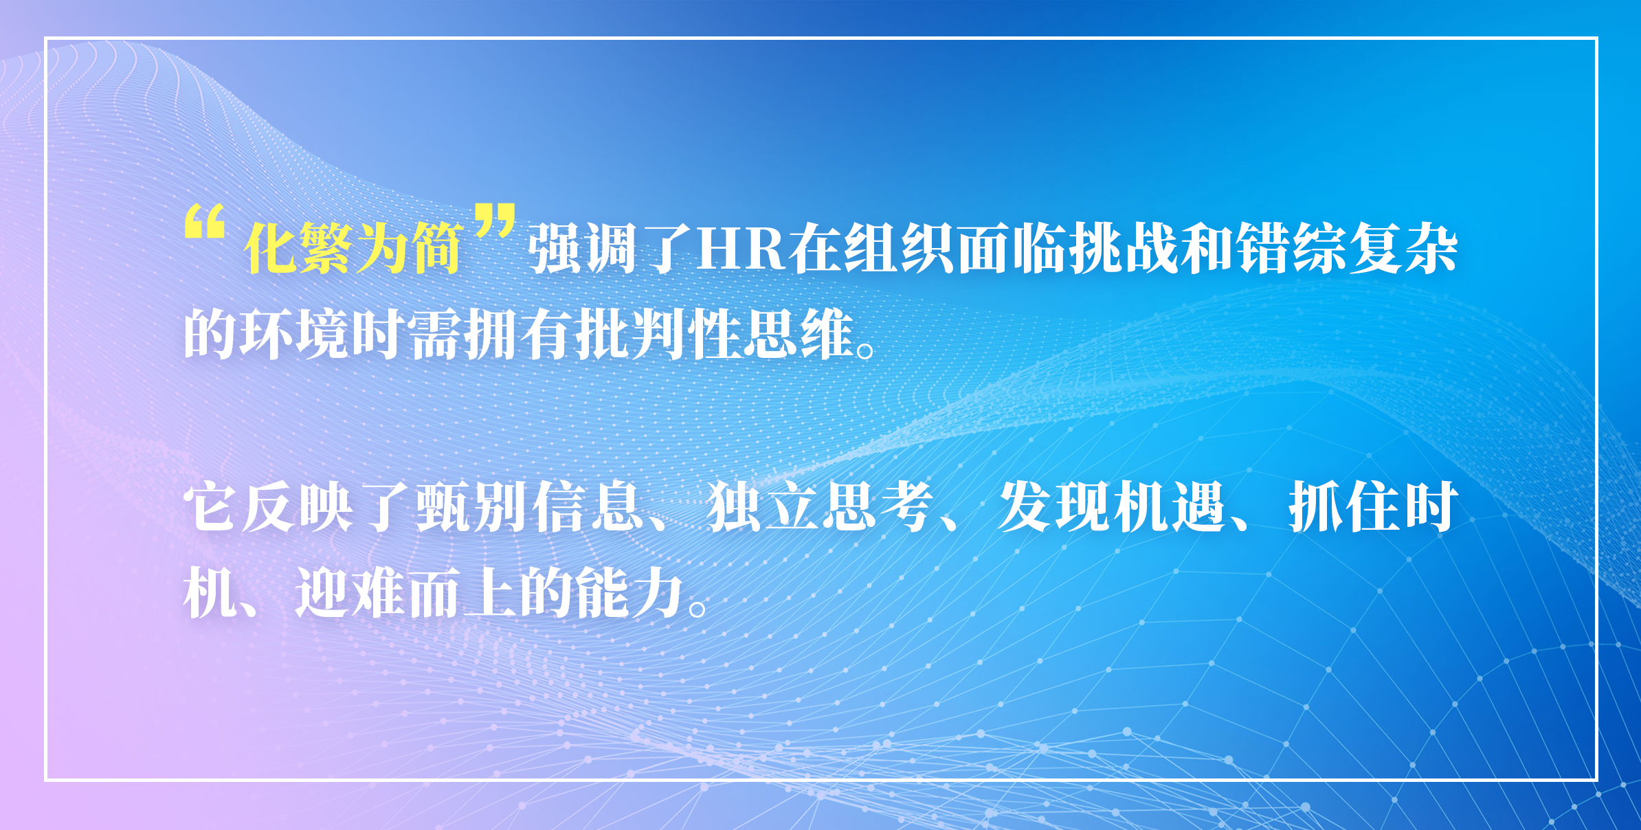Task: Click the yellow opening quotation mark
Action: tap(205, 221)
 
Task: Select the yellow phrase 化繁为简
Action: tap(353, 248)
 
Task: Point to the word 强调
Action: tap(582, 248)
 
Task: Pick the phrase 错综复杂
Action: tap(1348, 248)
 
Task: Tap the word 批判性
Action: tap(660, 334)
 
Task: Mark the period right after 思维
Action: tap(866, 350)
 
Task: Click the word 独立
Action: tap(762, 507)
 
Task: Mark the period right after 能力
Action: tap(697, 609)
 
